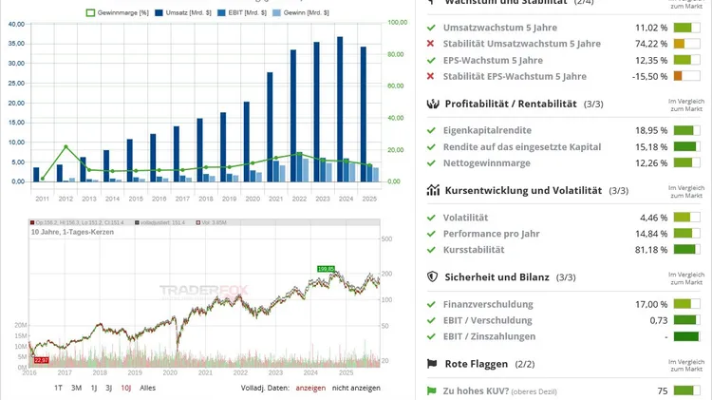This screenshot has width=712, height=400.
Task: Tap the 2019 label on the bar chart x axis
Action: pyautogui.click(x=229, y=198)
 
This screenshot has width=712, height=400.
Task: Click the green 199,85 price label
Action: pyautogui.click(x=327, y=269)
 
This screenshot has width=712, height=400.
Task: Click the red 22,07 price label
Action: pyautogui.click(x=40, y=360)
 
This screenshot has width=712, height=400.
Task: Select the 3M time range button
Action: pyautogui.click(x=77, y=388)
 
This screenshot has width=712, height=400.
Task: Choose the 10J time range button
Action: pyautogui.click(x=125, y=388)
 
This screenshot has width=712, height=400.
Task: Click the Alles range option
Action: pyautogui.click(x=148, y=388)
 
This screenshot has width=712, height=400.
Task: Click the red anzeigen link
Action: pyautogui.click(x=309, y=388)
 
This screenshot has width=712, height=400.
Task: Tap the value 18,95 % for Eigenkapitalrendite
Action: pyautogui.click(x=650, y=129)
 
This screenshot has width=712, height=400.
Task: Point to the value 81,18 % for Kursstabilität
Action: pyautogui.click(x=650, y=249)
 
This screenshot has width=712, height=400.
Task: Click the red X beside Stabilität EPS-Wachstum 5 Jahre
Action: pyautogui.click(x=431, y=76)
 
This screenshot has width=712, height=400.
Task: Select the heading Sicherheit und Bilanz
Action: pyautogui.click(x=500, y=276)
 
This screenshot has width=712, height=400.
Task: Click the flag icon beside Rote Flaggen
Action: pyautogui.click(x=433, y=363)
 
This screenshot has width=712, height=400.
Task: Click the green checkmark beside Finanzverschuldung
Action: pyautogui.click(x=431, y=304)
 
